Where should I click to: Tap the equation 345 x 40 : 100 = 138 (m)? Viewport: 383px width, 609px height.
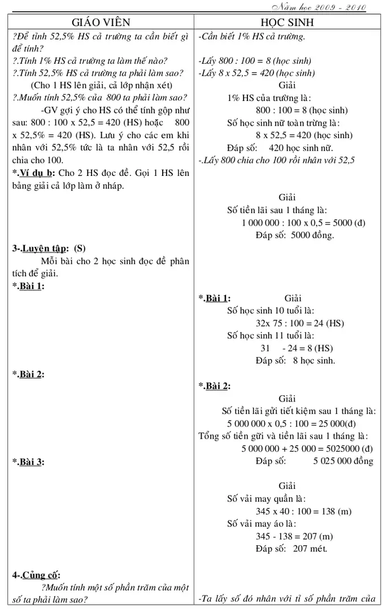pyautogui.click(x=303, y=511)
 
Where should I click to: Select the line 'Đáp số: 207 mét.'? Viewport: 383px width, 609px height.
pyautogui.click(x=291, y=548)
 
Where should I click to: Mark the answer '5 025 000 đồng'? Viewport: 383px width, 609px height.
pyautogui.click(x=343, y=461)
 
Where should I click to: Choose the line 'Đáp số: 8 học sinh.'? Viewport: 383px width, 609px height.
pyautogui.click(x=295, y=360)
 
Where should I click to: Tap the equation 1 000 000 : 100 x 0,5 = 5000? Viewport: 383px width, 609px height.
pyautogui.click(x=303, y=223)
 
